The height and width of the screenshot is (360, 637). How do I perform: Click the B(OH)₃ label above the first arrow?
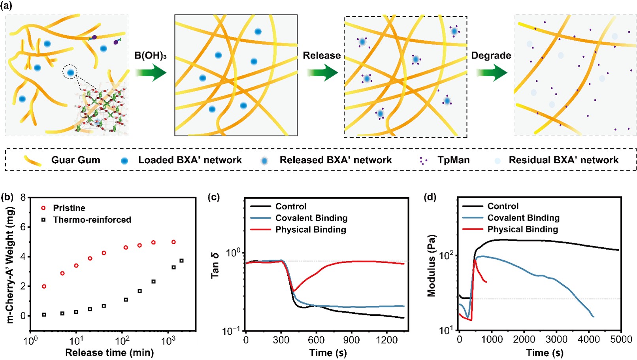tap(150, 56)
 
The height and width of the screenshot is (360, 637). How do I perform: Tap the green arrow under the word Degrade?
tap(491, 73)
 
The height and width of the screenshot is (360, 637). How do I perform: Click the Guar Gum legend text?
tap(75, 160)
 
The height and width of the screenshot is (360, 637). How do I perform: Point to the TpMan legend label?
tap(453, 160)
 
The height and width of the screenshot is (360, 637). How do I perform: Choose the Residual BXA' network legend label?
tap(563, 160)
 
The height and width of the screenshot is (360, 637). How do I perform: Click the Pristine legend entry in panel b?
tap(69, 208)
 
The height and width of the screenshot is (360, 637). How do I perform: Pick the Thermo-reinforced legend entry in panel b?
tap(92, 220)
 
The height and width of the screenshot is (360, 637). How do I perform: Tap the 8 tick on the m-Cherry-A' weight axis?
tap(23, 198)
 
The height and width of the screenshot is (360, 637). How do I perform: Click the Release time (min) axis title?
tap(109, 352)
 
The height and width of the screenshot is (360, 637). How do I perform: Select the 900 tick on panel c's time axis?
tap(351, 339)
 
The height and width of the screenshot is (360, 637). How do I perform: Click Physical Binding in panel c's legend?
tap(311, 230)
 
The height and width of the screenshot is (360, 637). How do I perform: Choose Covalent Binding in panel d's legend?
tap(523, 218)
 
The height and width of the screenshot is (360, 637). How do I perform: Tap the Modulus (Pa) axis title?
tap(431, 266)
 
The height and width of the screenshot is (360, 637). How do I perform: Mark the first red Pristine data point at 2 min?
tap(44, 286)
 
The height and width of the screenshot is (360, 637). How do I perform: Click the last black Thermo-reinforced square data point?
tap(181, 261)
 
